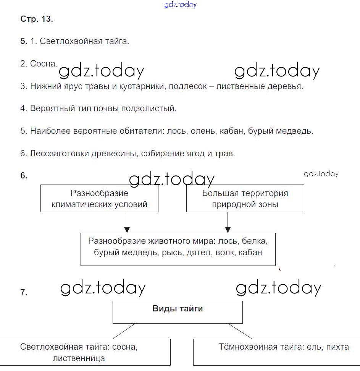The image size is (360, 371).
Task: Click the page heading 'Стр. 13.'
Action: click(37, 19)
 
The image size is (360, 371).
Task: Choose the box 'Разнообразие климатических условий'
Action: click(99, 198)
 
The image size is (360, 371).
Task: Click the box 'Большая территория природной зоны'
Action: click(245, 198)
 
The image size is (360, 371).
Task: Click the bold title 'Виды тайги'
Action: click(178, 309)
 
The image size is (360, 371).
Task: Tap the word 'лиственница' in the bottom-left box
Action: click(79, 358)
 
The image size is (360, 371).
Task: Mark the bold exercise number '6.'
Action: click(24, 176)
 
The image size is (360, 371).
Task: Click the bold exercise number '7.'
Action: click(24, 293)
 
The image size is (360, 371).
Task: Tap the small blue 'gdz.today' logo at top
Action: click(180, 5)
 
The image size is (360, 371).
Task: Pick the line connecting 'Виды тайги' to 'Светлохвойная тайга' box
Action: click(124, 331)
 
